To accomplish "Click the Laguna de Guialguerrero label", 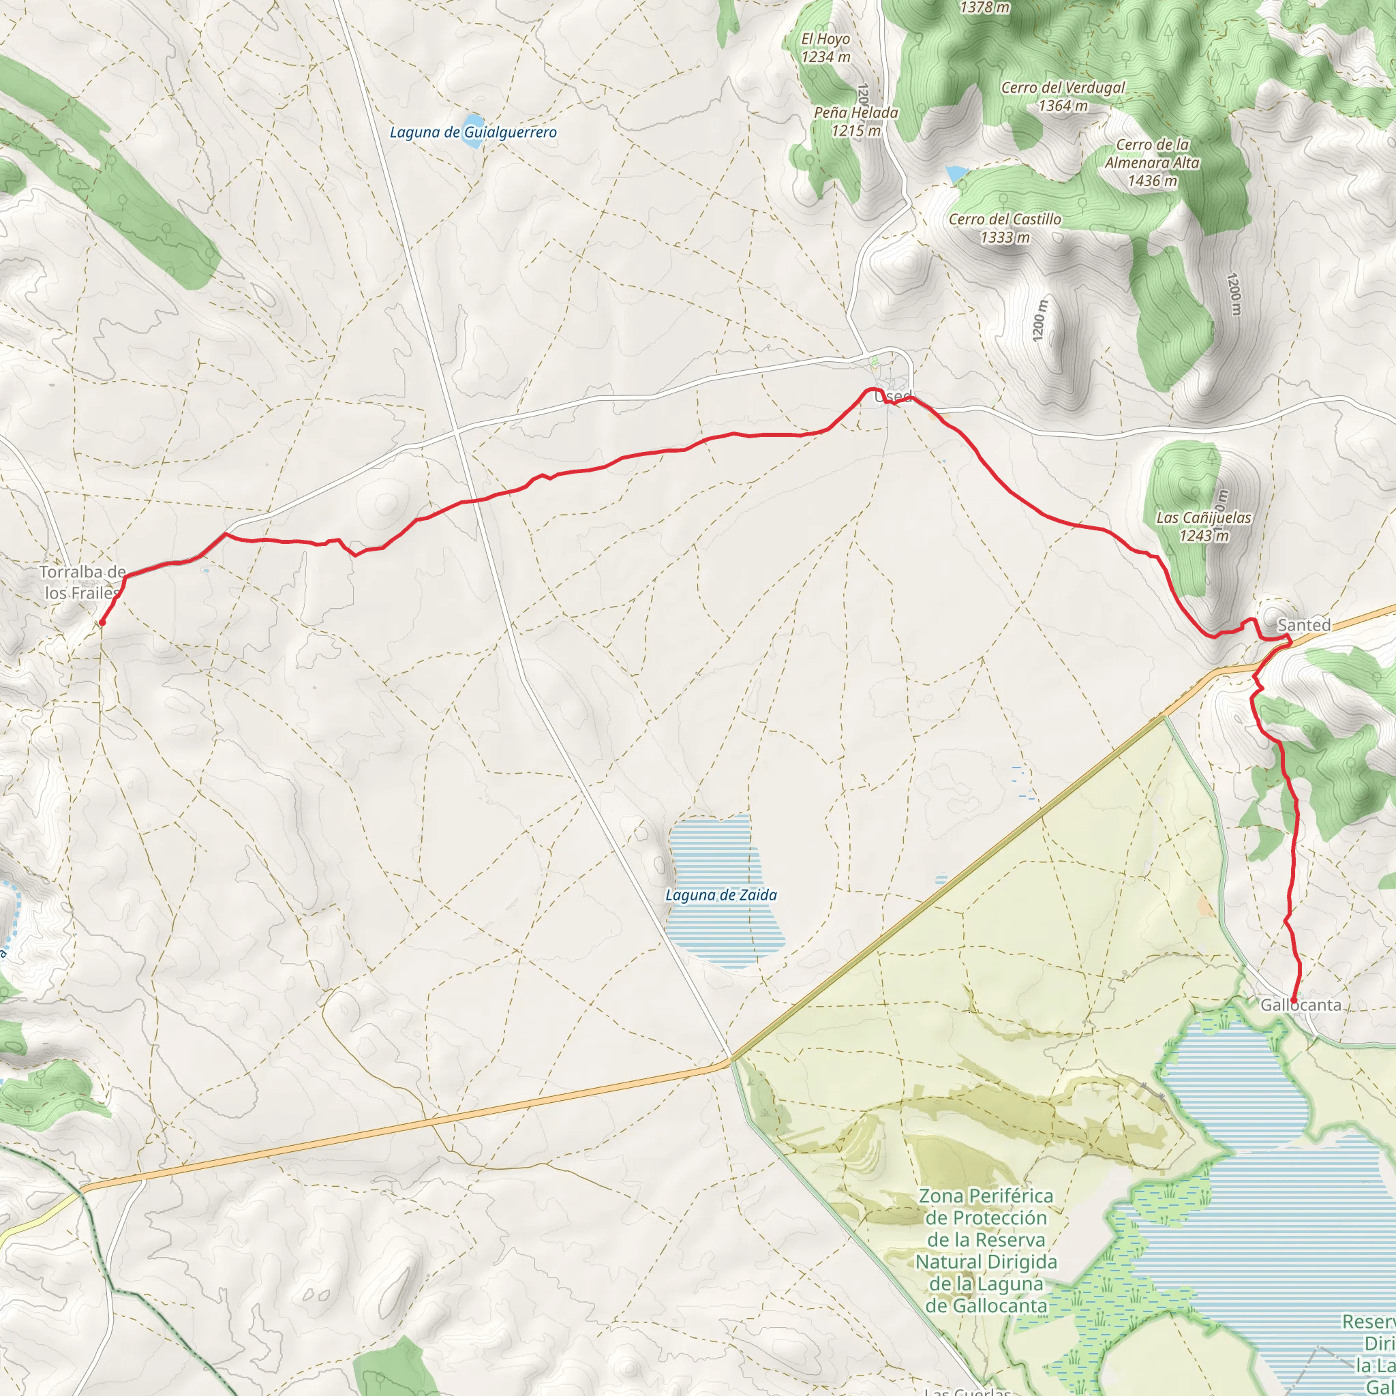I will [x=473, y=132].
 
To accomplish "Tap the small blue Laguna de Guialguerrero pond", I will [x=473, y=121].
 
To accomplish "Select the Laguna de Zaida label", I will [x=720, y=895].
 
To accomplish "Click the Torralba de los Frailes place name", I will [x=81, y=582].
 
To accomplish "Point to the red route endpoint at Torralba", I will [x=103, y=622].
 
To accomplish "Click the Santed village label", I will [x=1303, y=625].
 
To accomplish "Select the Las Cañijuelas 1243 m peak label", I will [x=1204, y=526].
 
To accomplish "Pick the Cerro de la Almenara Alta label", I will [x=1152, y=163].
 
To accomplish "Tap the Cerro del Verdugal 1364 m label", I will [x=1063, y=96].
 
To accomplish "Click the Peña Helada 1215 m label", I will [x=855, y=121].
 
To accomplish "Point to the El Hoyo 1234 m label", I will [x=825, y=48].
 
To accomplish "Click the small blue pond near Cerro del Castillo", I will [x=955, y=173].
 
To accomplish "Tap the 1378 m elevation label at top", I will [x=984, y=8].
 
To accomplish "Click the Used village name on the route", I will [x=894, y=397].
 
